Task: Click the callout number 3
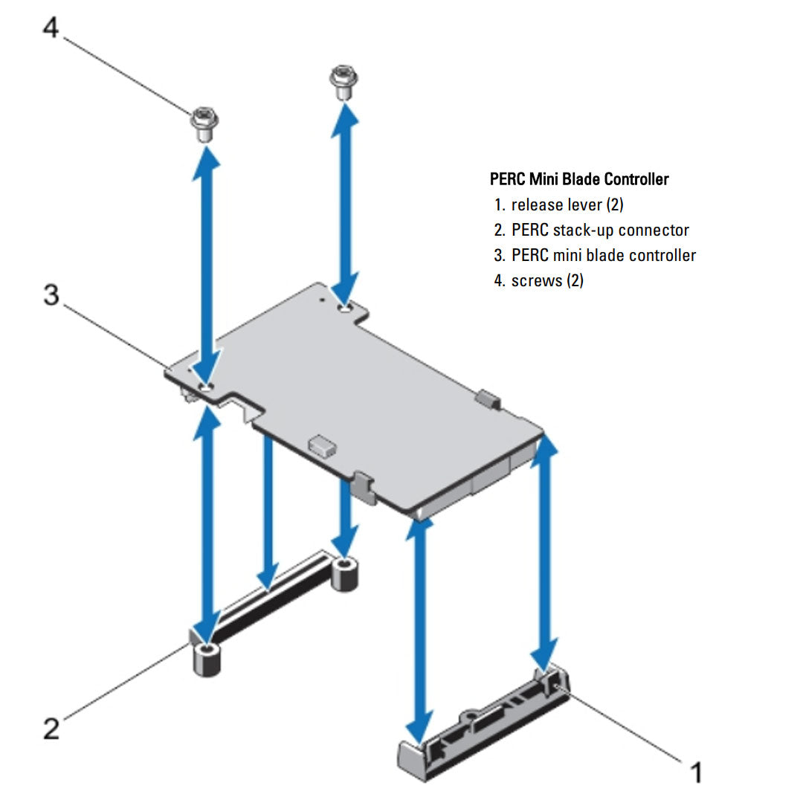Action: (51, 295)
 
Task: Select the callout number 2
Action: (51, 728)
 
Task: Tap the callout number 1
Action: (695, 773)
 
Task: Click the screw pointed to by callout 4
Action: (203, 124)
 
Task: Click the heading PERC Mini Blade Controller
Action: (579, 179)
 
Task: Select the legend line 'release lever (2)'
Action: (567, 204)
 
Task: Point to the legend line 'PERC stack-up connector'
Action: (599, 230)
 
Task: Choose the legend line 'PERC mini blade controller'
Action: (603, 255)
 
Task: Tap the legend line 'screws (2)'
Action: (546, 281)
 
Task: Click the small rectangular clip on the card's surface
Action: (321, 445)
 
